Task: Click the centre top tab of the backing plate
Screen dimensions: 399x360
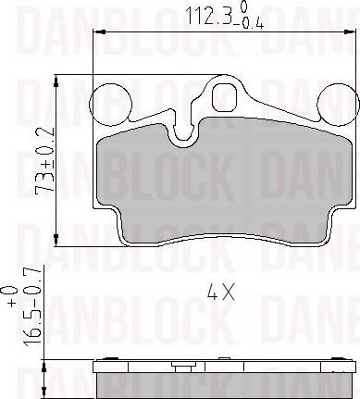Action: click(x=223, y=96)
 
